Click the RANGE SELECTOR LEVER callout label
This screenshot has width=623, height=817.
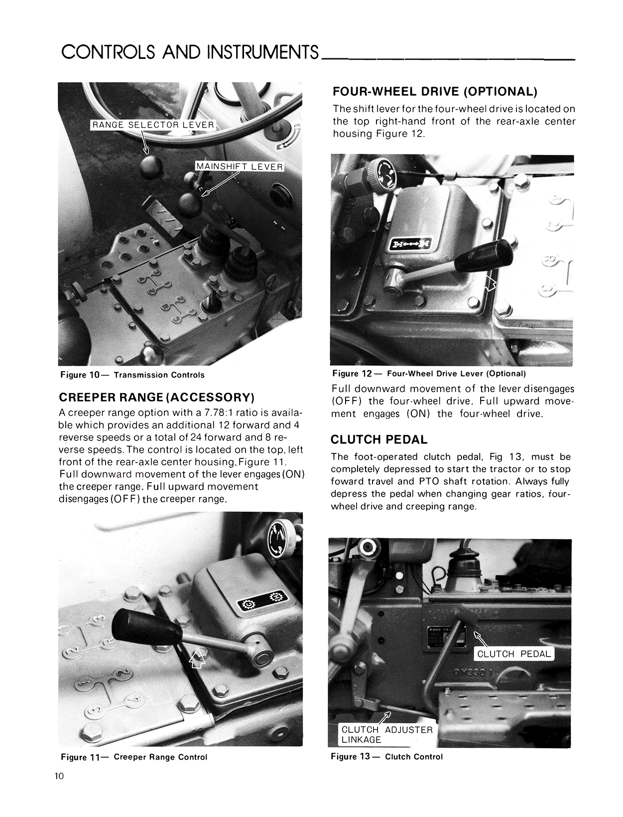(152, 125)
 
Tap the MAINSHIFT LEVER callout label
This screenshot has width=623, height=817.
(239, 166)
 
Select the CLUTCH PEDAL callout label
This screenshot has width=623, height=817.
(514, 654)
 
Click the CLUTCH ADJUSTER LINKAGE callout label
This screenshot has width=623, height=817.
(387, 734)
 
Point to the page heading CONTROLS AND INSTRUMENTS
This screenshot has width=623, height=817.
(190, 51)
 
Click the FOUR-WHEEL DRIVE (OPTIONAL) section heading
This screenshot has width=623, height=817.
(435, 92)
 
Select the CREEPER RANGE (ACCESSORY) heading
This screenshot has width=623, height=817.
(156, 397)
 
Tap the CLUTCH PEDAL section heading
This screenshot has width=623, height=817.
(379, 439)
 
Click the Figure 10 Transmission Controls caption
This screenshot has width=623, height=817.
(132, 375)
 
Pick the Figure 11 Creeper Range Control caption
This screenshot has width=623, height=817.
(134, 757)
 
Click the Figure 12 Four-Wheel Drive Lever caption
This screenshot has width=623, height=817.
(429, 373)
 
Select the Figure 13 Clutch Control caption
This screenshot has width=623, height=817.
(386, 756)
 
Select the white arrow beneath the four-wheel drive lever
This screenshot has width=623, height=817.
(491, 284)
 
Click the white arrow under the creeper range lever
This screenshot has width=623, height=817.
(198, 659)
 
